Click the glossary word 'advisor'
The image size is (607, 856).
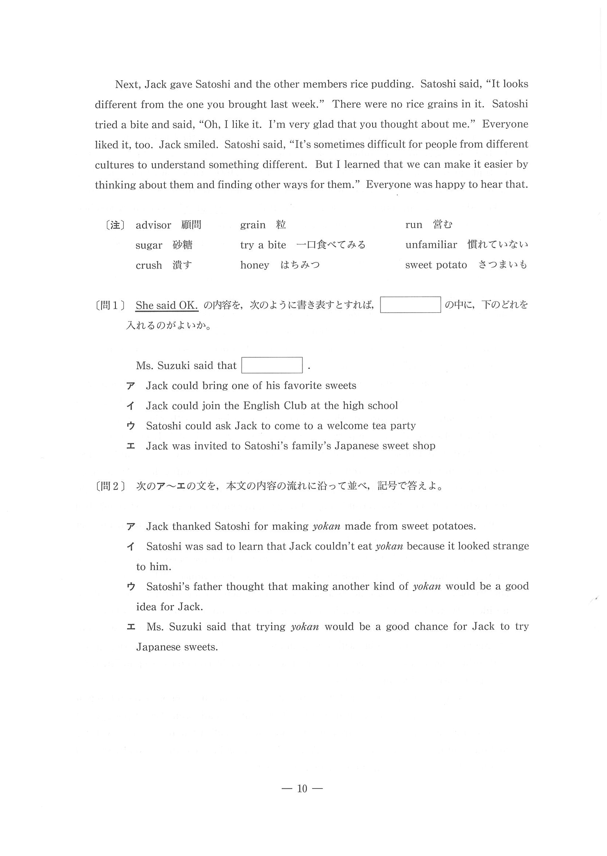[x=153, y=225]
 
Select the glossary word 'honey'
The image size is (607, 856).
[x=254, y=265]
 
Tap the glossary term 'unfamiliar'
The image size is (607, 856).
[x=431, y=245]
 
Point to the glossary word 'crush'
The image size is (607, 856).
[x=149, y=265]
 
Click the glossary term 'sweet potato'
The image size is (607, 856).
[x=436, y=265]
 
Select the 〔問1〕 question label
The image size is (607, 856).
[x=110, y=305]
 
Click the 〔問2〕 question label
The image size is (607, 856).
[x=110, y=486]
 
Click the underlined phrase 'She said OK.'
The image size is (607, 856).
[x=167, y=305]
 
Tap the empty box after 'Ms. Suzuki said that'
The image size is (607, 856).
[x=272, y=365]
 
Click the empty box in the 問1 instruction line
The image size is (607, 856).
[x=410, y=305]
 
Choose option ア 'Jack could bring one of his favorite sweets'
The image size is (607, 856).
[x=251, y=386]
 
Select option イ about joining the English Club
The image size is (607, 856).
[x=272, y=406]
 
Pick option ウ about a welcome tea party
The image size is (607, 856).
[x=281, y=426]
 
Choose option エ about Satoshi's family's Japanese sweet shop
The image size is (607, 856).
[x=291, y=446]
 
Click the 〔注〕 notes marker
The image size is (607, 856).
[x=115, y=225]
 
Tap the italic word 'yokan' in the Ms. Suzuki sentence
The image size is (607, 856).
[x=305, y=626]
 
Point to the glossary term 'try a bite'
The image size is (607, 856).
[x=263, y=245]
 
